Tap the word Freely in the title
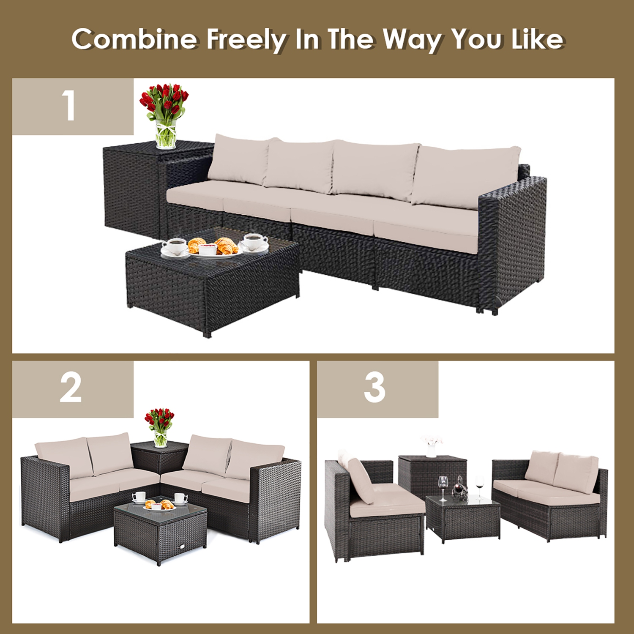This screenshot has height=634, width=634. [x=246, y=40]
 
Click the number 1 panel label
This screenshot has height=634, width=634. [x=68, y=107]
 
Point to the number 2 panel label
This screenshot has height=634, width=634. [x=71, y=388]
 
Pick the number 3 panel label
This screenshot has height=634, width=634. [x=374, y=388]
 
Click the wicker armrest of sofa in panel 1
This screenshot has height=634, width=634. [x=514, y=237]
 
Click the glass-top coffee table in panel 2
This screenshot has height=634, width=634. [x=161, y=533]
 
